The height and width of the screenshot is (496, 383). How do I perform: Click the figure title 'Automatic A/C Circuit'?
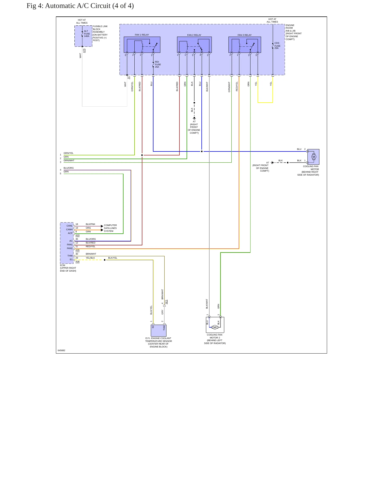pyautogui.click(x=78, y=6)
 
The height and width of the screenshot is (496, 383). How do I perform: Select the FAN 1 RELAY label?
pyautogui.click(x=142, y=35)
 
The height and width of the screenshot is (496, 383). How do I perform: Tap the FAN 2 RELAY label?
pyautogui.click(x=194, y=35)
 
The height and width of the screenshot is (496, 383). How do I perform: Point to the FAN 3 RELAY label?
pyautogui.click(x=244, y=35)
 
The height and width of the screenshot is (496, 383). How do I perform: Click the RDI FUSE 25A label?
pyautogui.click(x=158, y=64)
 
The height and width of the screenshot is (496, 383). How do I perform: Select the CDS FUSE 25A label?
pyautogui.click(x=277, y=46)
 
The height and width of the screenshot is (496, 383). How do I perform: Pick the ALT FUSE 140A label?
pyautogui.click(x=87, y=34)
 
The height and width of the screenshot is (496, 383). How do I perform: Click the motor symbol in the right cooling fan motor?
pyautogui.click(x=314, y=157)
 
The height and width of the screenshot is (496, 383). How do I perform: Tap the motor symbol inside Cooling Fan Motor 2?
pyautogui.click(x=215, y=327)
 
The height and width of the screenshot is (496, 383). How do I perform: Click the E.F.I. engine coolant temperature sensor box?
pyautogui.click(x=159, y=330)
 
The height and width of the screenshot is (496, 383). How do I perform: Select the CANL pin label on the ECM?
pyautogui.click(x=69, y=226)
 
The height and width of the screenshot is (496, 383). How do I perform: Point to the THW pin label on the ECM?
pyautogui.click(x=70, y=256)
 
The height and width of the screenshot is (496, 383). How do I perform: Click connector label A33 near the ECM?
pyautogui.click(x=77, y=235)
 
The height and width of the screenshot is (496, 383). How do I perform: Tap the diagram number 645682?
pyautogui.click(x=61, y=350)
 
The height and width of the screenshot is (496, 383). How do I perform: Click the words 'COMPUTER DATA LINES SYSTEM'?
pyautogui.click(x=110, y=228)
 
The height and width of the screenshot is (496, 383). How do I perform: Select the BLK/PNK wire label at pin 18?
pyautogui.click(x=90, y=224)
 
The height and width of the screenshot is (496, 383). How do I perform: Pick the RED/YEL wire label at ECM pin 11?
pyautogui.click(x=90, y=246)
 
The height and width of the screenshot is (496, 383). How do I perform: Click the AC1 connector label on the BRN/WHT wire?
pyautogui.click(x=166, y=302)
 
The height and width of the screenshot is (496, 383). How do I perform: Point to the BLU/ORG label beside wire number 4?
pyautogui.click(x=69, y=168)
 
